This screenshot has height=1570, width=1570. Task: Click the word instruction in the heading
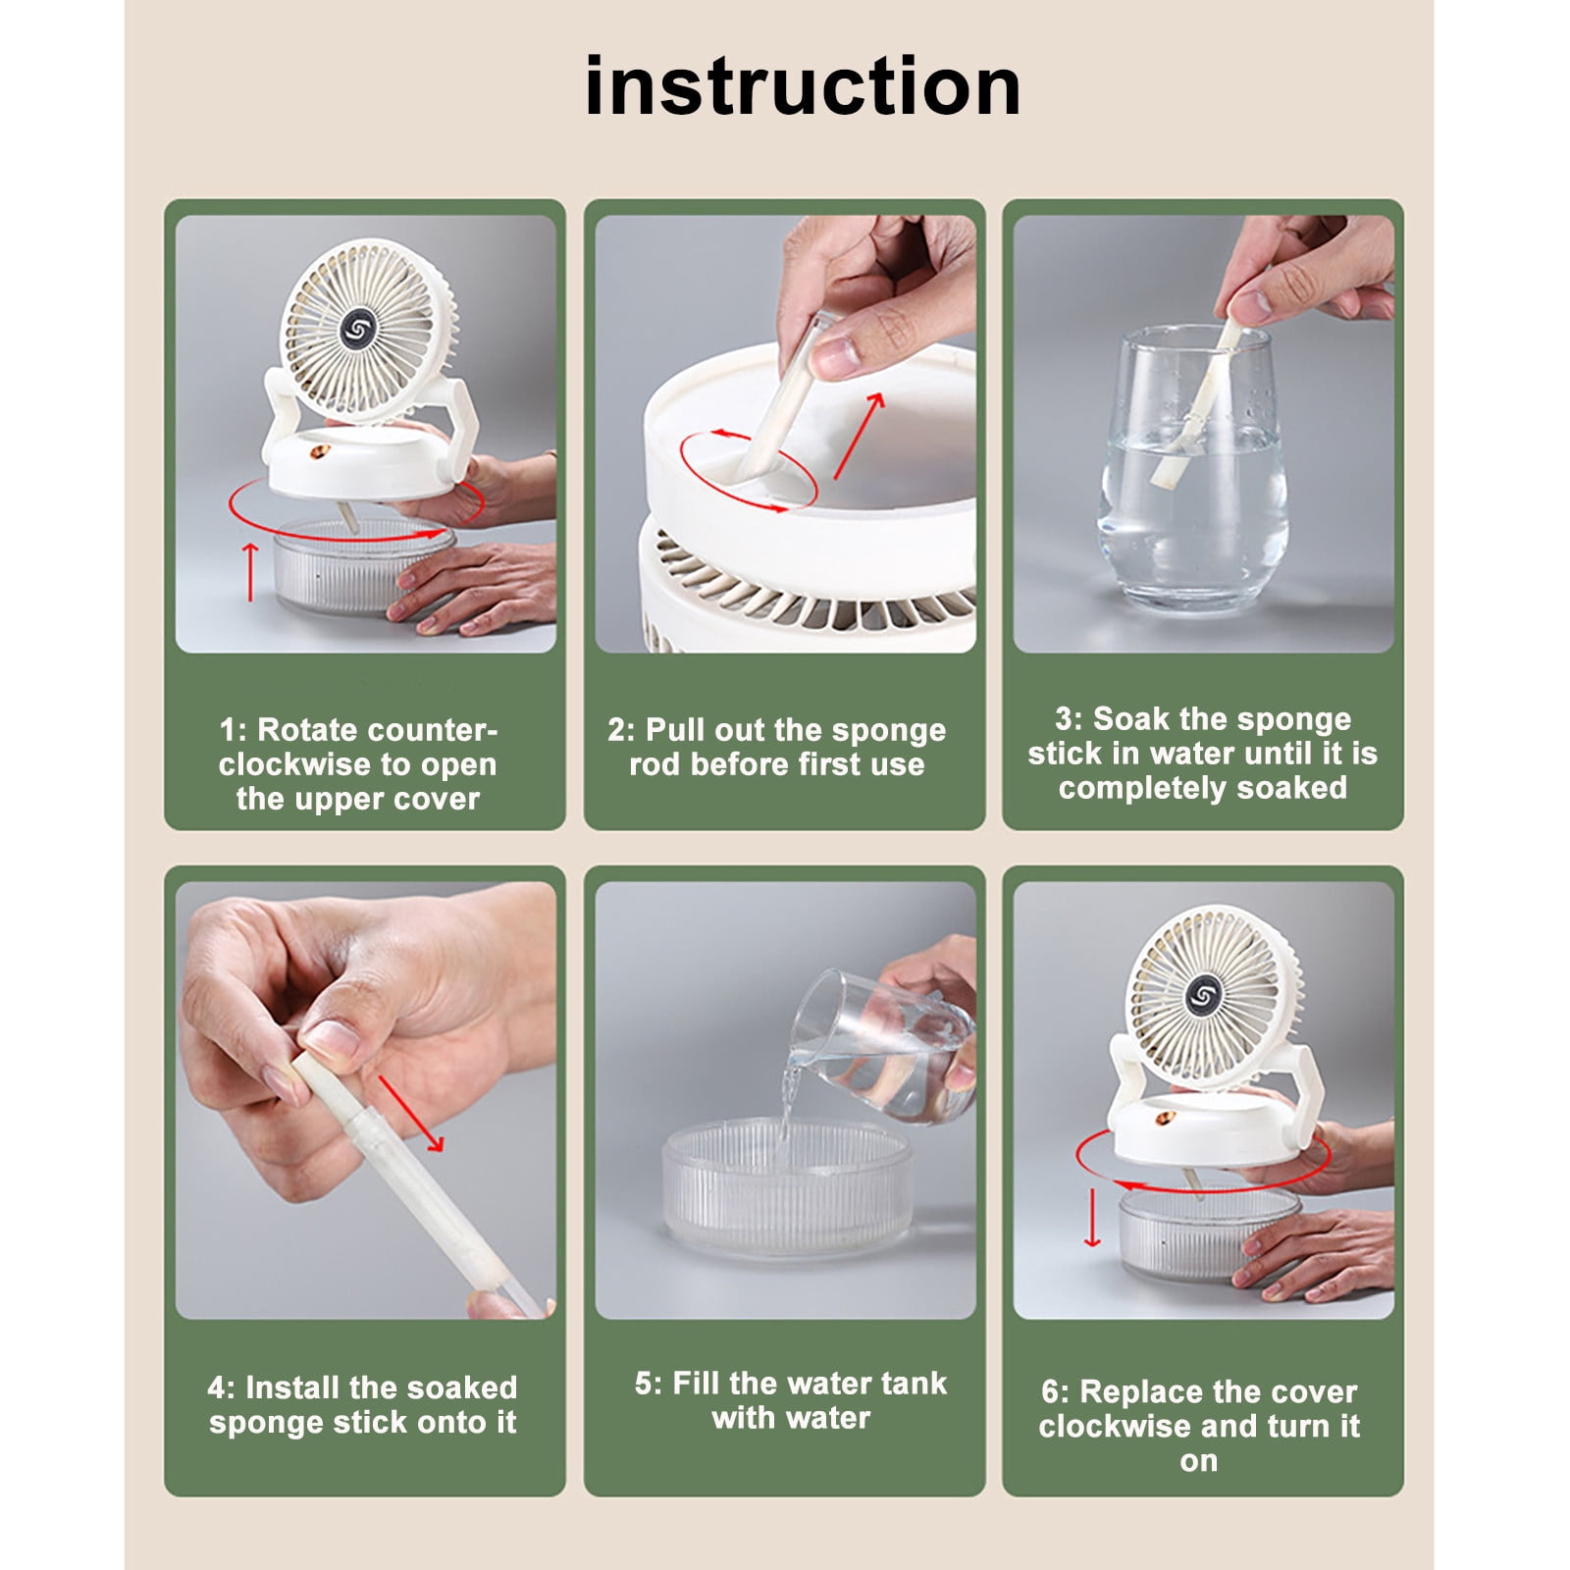[x=803, y=86]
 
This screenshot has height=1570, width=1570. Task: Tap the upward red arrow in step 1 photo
[x=250, y=571]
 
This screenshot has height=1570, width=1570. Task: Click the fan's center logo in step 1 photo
[x=358, y=328]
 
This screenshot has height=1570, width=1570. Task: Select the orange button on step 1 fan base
[x=320, y=453]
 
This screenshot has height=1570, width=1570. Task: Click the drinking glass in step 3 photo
[x=1191, y=469]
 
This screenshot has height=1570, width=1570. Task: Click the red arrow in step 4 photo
[x=411, y=1114]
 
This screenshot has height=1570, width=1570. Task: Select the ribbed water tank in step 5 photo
[x=787, y=1187]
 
